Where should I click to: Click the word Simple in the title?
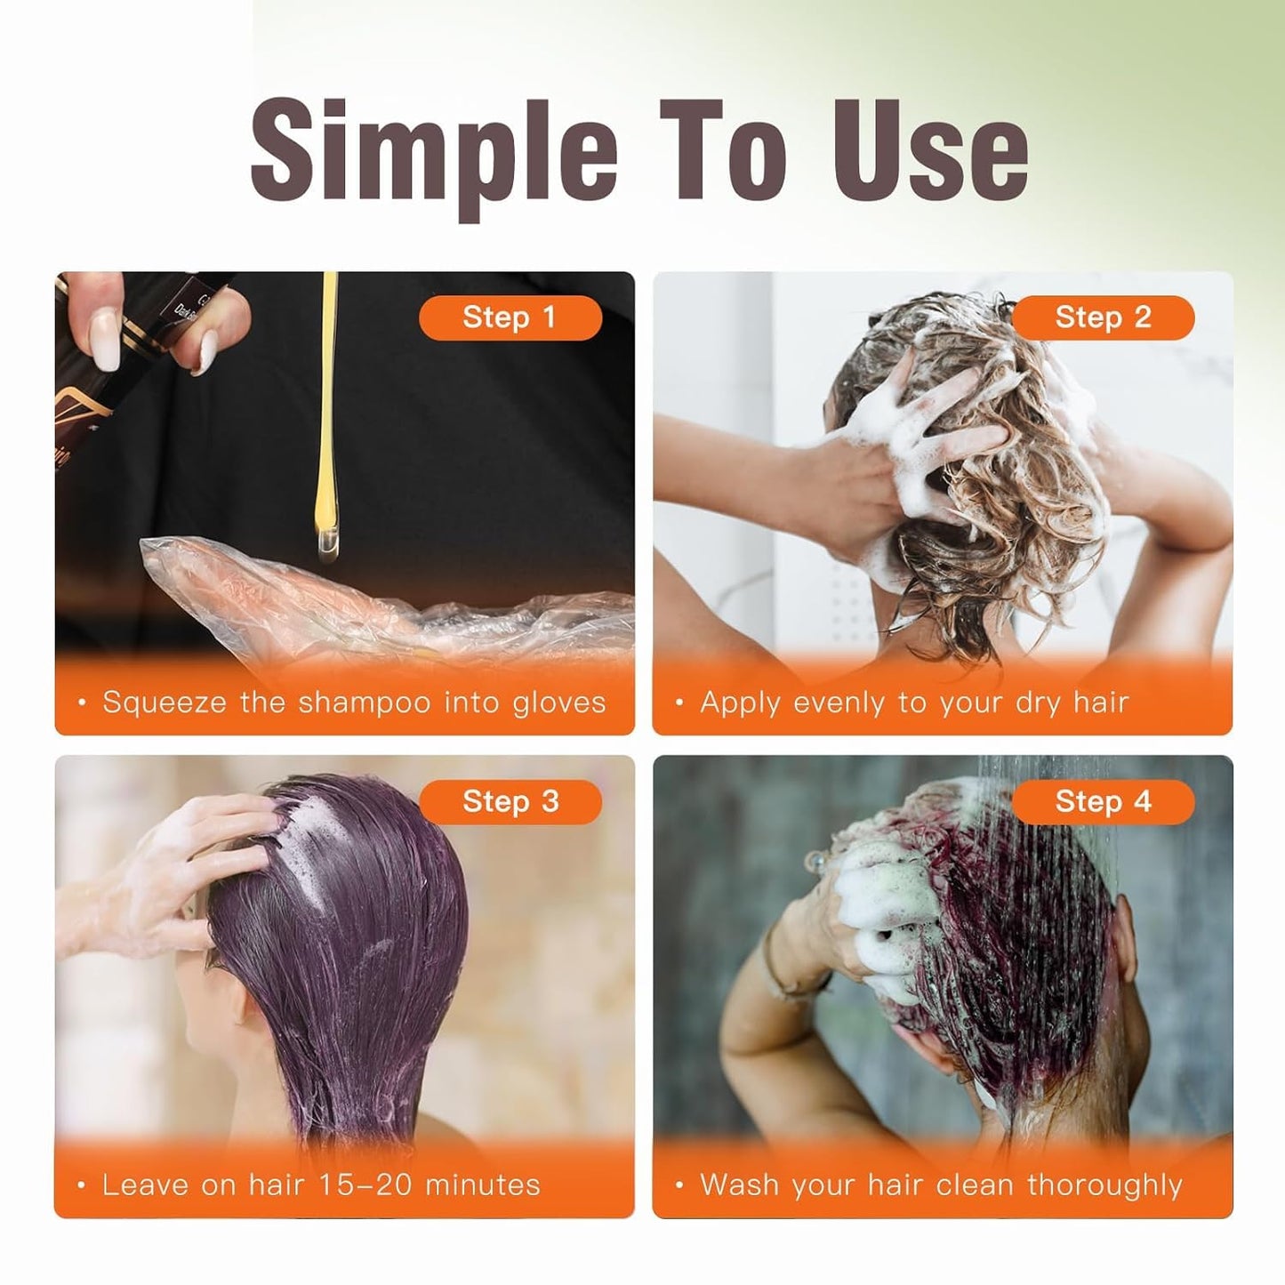(433, 151)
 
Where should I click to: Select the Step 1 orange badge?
(510, 317)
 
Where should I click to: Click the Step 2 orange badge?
(1103, 317)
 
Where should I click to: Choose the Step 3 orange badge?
(510, 801)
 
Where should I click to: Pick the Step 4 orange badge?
(1103, 801)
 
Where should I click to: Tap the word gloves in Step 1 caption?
(558, 703)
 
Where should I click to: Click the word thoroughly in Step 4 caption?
(1104, 1185)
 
